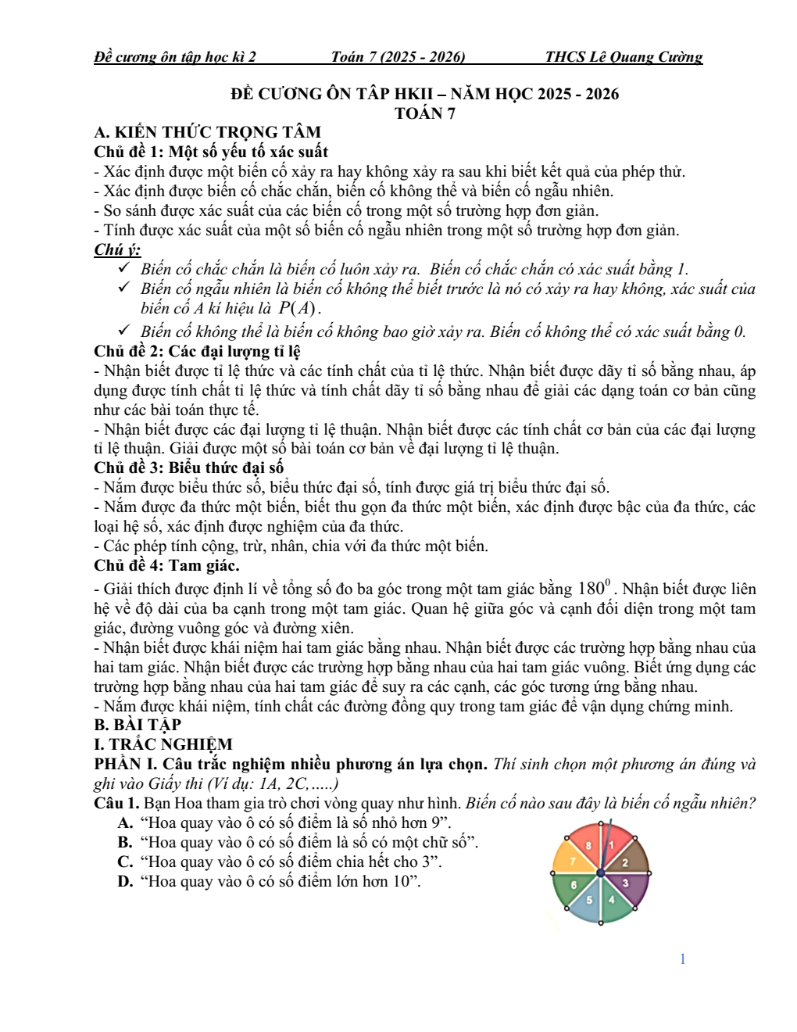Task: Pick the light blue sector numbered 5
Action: point(589,901)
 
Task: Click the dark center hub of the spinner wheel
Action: point(601,873)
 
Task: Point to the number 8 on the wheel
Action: point(588,845)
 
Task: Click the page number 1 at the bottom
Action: point(683,959)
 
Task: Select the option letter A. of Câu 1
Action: point(126,823)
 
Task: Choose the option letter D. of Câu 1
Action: point(126,882)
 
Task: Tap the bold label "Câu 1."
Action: point(117,804)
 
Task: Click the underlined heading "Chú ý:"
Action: point(117,250)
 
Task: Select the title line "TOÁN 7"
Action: point(425,113)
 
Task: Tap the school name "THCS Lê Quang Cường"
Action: point(624,57)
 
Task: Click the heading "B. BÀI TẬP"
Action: point(138,726)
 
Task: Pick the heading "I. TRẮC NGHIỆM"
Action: point(163,745)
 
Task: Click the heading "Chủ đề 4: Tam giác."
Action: point(166,566)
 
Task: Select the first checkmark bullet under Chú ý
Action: point(123,268)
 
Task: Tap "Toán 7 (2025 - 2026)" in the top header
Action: point(398,57)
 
